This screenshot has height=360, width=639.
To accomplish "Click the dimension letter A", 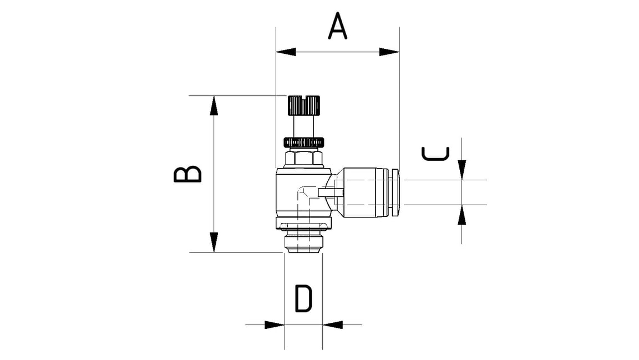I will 337,27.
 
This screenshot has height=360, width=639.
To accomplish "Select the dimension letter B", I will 187,174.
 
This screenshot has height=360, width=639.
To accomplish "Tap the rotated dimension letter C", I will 435,153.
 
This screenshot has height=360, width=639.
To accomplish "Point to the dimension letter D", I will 303,299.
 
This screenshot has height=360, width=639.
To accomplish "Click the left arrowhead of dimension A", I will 286,52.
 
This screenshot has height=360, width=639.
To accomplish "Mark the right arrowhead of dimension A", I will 389,52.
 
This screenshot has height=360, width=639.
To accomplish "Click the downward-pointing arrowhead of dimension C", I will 462,170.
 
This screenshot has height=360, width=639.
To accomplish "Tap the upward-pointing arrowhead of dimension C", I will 462,215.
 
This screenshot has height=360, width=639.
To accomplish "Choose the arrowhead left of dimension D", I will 275,324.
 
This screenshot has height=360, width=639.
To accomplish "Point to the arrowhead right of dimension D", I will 332,324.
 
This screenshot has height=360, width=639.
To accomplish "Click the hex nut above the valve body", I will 303,159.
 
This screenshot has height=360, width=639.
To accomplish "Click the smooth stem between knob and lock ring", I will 303,125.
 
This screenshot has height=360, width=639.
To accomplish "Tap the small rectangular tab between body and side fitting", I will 331,192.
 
